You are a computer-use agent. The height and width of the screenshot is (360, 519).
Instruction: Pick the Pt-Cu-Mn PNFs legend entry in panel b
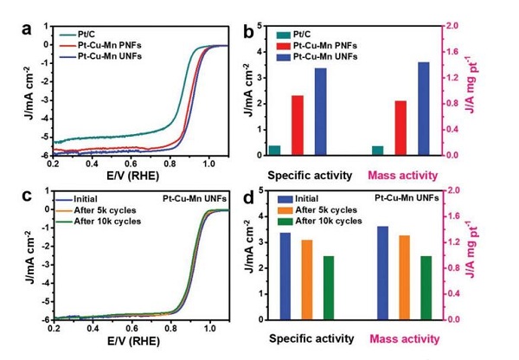(338, 46)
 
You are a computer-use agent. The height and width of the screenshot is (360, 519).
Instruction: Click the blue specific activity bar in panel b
(321, 112)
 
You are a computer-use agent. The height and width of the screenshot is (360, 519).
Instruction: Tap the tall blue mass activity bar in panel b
(423, 108)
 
